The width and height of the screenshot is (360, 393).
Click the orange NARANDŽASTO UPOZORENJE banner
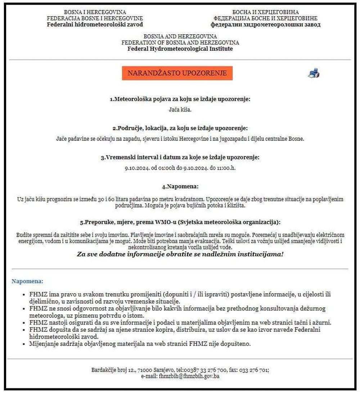[x=177, y=73]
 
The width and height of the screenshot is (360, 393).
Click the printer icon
[x=314, y=73]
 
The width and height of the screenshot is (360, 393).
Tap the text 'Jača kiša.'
[x=180, y=110]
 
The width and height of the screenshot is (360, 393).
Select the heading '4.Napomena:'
[x=180, y=187]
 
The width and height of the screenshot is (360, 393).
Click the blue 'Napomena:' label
[x=27, y=281]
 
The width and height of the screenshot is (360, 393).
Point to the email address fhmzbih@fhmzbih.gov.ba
[x=189, y=376]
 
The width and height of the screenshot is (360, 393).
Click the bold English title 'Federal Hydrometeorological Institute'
[x=180, y=49]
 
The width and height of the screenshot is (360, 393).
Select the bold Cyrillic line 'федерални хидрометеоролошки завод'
[x=265, y=24]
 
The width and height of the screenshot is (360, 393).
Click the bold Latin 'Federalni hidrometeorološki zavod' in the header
[x=95, y=24]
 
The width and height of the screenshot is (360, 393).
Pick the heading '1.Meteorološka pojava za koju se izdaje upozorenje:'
[x=180, y=99]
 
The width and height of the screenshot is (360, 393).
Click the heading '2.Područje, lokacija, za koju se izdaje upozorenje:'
[x=180, y=128]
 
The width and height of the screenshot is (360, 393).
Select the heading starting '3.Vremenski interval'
[x=180, y=157]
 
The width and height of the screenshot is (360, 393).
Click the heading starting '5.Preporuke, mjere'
[x=180, y=222]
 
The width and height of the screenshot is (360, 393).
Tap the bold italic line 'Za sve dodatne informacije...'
[x=180, y=254]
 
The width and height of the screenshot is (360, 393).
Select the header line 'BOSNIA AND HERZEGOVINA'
[x=180, y=36]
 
